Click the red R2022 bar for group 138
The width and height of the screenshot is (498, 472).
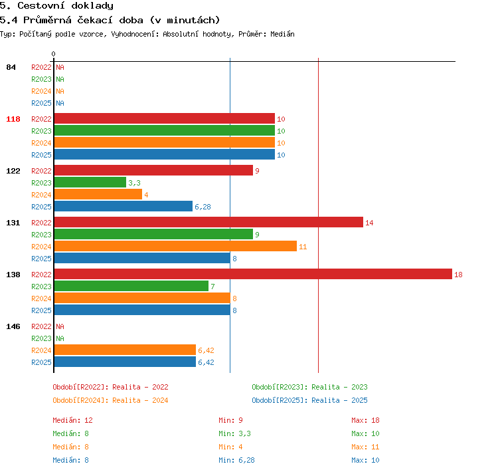point(253,274)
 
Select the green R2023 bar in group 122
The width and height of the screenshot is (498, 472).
point(90,182)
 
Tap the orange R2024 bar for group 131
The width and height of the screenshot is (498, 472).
point(175,246)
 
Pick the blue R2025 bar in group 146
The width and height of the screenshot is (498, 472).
point(125,362)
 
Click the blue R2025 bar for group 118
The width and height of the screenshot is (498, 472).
point(165,154)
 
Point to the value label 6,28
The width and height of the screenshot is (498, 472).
point(203,207)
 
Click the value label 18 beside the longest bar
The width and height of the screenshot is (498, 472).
point(458,275)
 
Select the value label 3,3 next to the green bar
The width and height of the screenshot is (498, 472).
point(134,183)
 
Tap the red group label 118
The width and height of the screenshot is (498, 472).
point(13,119)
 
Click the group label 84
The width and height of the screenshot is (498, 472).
point(11,67)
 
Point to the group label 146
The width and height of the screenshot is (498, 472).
point(13,326)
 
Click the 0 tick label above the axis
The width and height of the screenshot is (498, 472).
point(53,54)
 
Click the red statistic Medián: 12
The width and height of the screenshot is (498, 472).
point(73,420)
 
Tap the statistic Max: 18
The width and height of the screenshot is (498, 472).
point(365,420)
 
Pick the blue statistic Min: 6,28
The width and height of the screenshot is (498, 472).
point(236,460)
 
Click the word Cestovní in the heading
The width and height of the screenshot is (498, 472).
point(41,5)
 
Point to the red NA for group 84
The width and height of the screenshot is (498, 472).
point(60,67)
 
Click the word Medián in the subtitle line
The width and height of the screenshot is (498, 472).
point(282,34)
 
